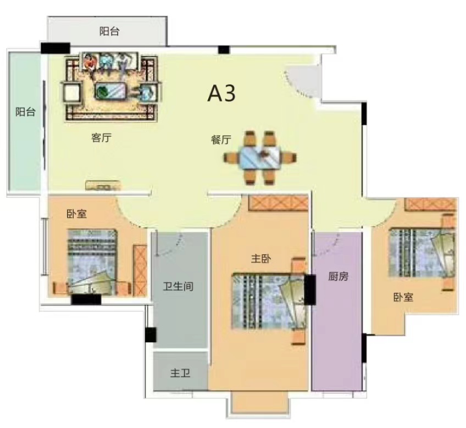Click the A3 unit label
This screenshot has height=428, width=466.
[221, 94]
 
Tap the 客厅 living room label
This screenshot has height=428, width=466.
[101, 138]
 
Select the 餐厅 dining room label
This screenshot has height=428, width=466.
[220, 140]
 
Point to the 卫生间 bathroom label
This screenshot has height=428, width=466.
[179, 286]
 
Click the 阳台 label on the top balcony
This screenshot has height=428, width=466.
[109, 31]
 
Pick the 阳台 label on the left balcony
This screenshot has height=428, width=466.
[25, 112]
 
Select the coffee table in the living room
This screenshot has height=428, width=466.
[112, 91]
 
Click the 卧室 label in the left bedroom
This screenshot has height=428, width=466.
[76, 214]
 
